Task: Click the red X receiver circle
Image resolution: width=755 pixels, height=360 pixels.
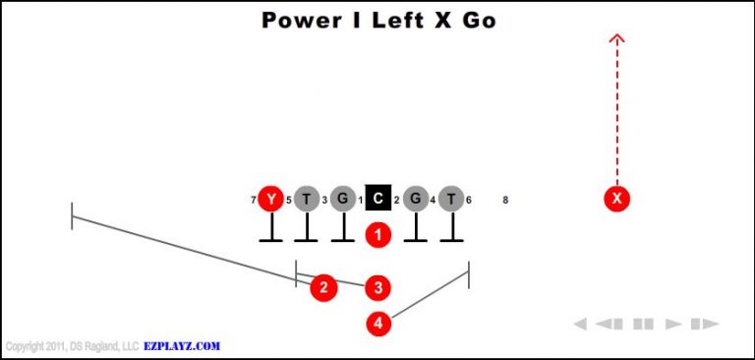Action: point(616,199)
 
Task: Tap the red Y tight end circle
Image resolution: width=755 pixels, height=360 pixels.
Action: point(270,199)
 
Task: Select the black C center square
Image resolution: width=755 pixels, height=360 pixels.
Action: point(378,199)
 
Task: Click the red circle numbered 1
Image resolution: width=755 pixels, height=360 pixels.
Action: point(378,234)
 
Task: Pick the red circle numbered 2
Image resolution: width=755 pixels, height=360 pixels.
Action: point(323,287)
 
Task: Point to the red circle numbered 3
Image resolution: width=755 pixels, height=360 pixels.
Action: point(378,287)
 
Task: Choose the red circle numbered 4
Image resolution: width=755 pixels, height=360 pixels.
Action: point(378,322)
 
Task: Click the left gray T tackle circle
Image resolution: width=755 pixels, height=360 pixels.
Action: point(307,199)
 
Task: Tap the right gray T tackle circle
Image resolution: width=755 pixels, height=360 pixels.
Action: point(450,199)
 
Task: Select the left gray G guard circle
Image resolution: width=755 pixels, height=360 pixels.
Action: point(342,199)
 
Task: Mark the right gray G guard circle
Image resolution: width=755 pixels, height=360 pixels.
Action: point(415,199)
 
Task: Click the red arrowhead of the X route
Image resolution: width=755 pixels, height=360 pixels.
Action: point(616,39)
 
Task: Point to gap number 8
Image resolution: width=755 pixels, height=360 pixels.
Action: point(505,201)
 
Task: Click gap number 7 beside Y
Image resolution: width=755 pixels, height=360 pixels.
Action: point(254,201)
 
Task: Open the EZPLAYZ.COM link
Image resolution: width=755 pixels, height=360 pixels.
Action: point(183,346)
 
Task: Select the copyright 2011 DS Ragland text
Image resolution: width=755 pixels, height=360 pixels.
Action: point(72,346)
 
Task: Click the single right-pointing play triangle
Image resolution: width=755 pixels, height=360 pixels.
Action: point(673,323)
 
